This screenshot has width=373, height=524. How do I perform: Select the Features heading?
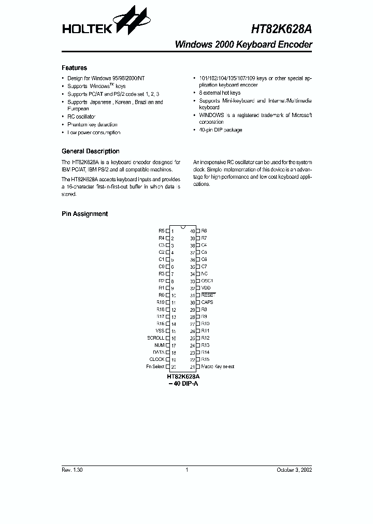[x=74, y=68]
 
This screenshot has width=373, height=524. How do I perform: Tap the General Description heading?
[x=90, y=151]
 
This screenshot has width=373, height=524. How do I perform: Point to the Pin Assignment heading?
[x=84, y=214]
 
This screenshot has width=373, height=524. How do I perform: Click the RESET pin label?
[x=207, y=295]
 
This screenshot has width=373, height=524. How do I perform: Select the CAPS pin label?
[x=207, y=302]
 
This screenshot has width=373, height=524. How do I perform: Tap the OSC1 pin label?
[x=207, y=281]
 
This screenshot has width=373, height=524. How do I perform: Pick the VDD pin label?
[x=206, y=288]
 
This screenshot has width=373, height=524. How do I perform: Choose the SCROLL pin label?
[x=155, y=338]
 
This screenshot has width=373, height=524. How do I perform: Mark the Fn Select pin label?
[x=155, y=367]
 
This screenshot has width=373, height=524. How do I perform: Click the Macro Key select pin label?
[x=218, y=367]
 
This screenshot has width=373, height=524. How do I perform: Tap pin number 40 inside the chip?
[x=192, y=230]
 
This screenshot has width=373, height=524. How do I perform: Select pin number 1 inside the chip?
[x=173, y=230]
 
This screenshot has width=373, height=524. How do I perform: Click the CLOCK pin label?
[x=157, y=359]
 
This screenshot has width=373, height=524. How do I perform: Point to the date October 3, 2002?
[x=294, y=470]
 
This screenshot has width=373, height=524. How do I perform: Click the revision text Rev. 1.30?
[x=71, y=470]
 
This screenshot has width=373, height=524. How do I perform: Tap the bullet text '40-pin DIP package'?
[x=221, y=130]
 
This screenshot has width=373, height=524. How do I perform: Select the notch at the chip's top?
[x=182, y=227]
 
